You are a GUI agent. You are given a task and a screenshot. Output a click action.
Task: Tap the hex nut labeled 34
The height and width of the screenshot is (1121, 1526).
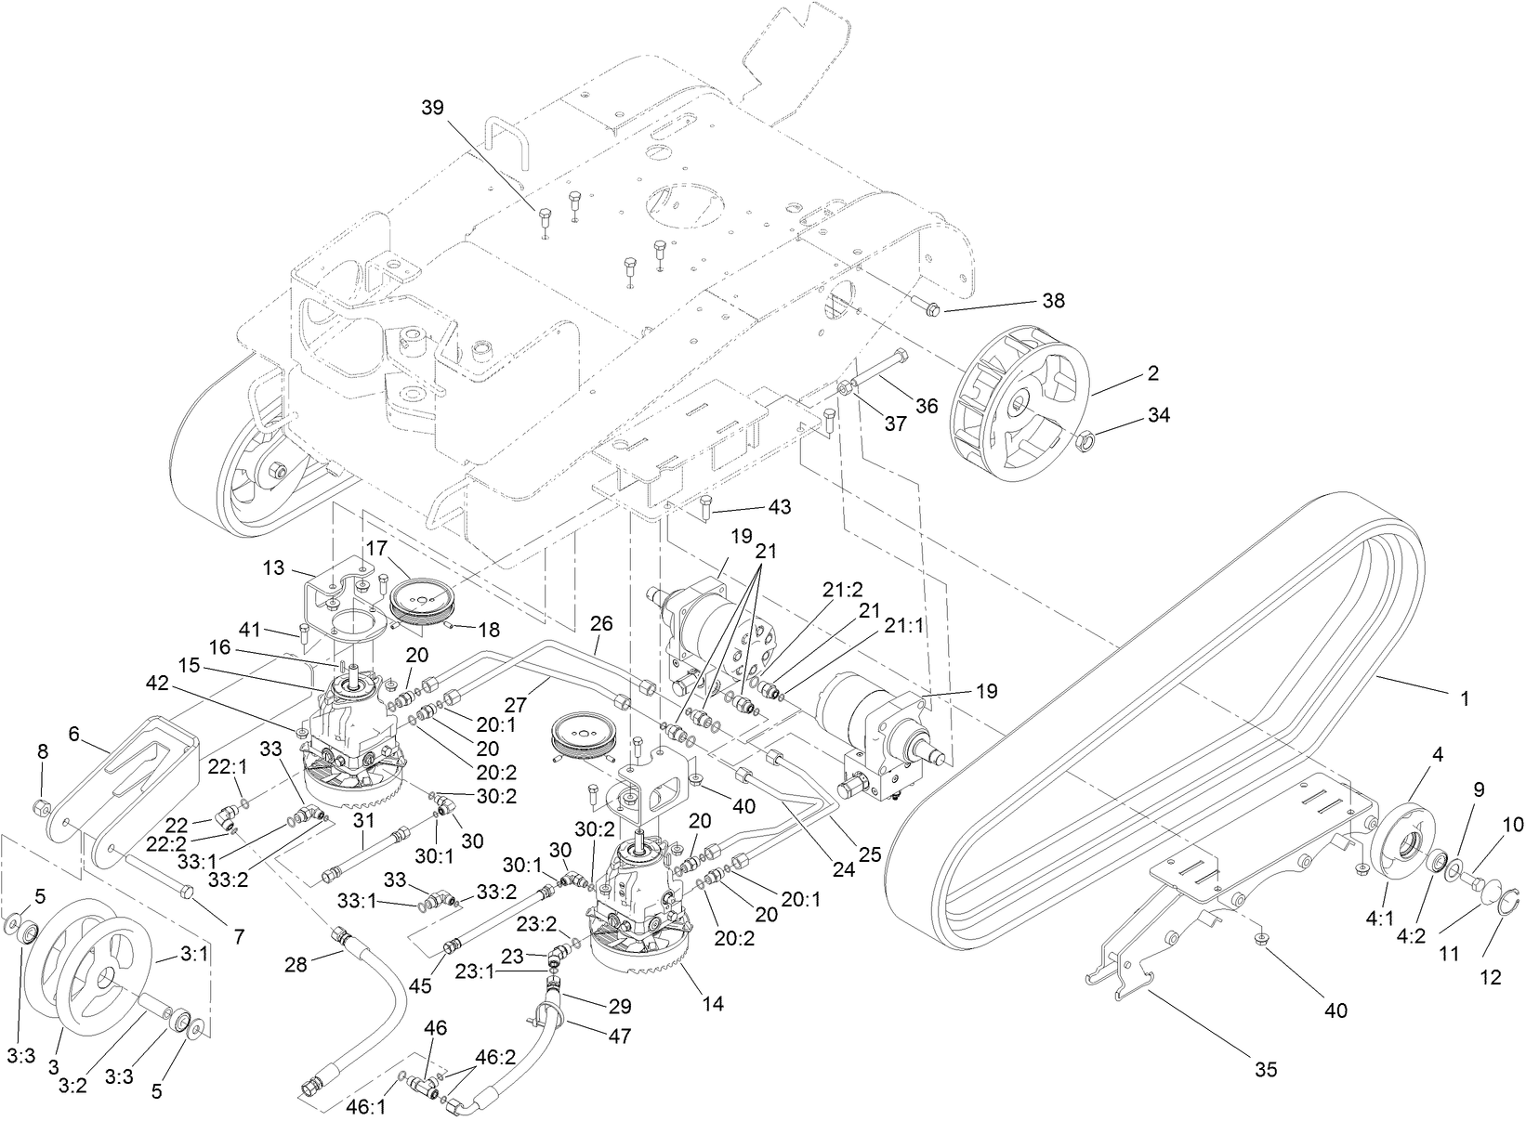1083,442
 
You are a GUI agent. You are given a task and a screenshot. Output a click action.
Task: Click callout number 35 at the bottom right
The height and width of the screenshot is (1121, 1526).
1266,1070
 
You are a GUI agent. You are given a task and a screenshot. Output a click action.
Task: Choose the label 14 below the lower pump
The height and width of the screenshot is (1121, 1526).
714,1004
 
